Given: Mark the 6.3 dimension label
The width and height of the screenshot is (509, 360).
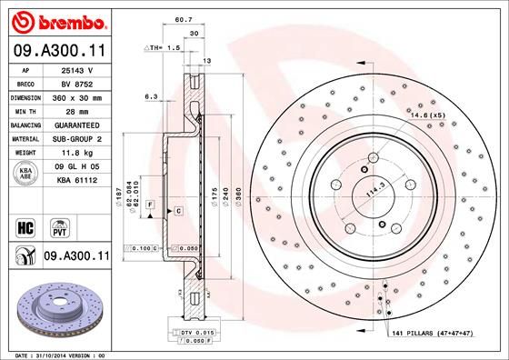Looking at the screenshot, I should click(152, 95).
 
